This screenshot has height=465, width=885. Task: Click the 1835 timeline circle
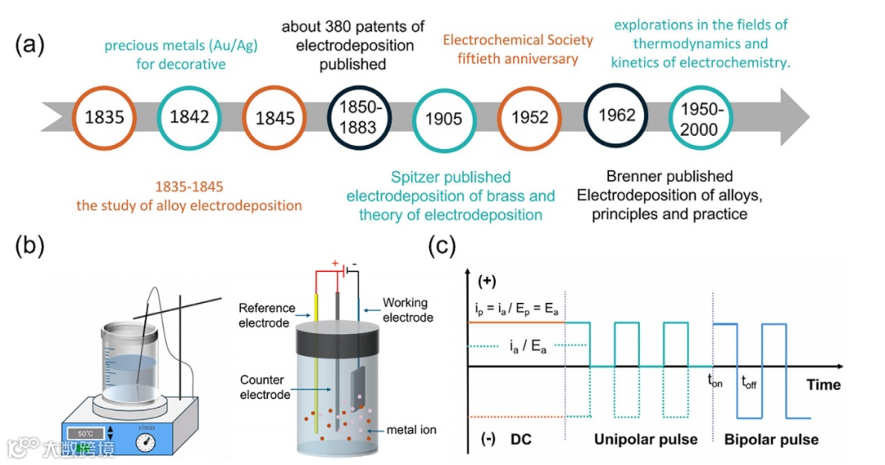104,117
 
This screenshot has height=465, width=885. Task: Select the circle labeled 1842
189,117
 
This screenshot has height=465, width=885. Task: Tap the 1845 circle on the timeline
275,118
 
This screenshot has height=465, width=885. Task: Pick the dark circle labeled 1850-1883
359,118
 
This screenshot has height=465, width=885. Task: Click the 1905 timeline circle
444,119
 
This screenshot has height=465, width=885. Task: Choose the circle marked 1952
529,117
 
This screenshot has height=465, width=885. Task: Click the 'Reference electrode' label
267,315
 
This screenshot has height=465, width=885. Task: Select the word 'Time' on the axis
823,384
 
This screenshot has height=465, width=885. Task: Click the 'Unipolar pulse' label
646,440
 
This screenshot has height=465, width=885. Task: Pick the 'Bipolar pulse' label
771,440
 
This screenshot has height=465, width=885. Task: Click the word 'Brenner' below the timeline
636,176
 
